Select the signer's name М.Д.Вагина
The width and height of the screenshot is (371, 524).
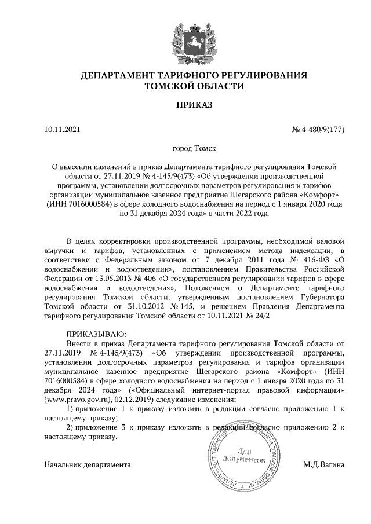click(323, 464)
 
